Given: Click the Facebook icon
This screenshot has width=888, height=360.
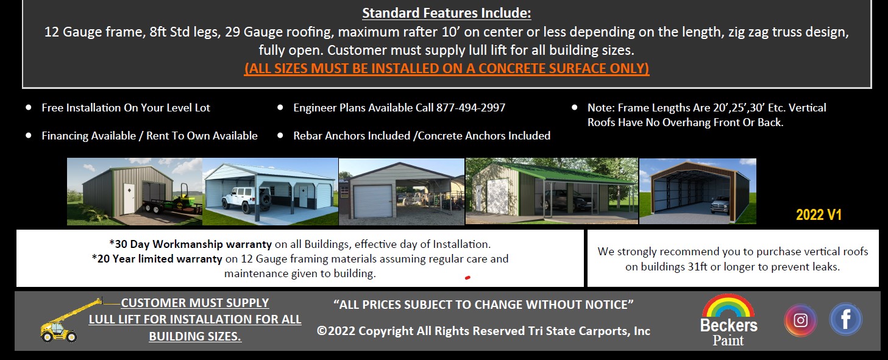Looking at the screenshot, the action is click(845, 319).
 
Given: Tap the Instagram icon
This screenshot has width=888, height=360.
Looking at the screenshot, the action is click(800, 320).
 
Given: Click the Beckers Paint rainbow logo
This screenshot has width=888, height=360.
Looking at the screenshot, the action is click(728, 320).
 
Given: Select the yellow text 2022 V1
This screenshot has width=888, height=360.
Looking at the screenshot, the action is click(819, 214).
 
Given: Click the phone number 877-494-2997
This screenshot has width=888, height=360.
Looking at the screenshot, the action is click(471, 108).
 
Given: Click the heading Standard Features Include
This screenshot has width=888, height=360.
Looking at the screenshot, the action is click(446, 13).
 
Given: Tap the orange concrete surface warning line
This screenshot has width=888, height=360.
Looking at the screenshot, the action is click(446, 68).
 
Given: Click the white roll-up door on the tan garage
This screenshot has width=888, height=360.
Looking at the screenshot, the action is click(372, 201).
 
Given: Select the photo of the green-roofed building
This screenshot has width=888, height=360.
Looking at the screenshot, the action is click(552, 191).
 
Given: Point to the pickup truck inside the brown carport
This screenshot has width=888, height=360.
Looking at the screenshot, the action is click(720, 205).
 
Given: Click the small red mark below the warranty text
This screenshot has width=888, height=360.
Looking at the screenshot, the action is click(467, 278).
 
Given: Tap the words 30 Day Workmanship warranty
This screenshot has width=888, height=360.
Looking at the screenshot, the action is click(191, 244).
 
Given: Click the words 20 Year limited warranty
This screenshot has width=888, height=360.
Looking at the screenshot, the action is click(157, 259).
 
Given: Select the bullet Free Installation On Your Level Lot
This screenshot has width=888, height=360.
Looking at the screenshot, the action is click(126, 108).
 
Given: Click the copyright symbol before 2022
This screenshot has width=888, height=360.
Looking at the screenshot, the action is click(322, 331).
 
